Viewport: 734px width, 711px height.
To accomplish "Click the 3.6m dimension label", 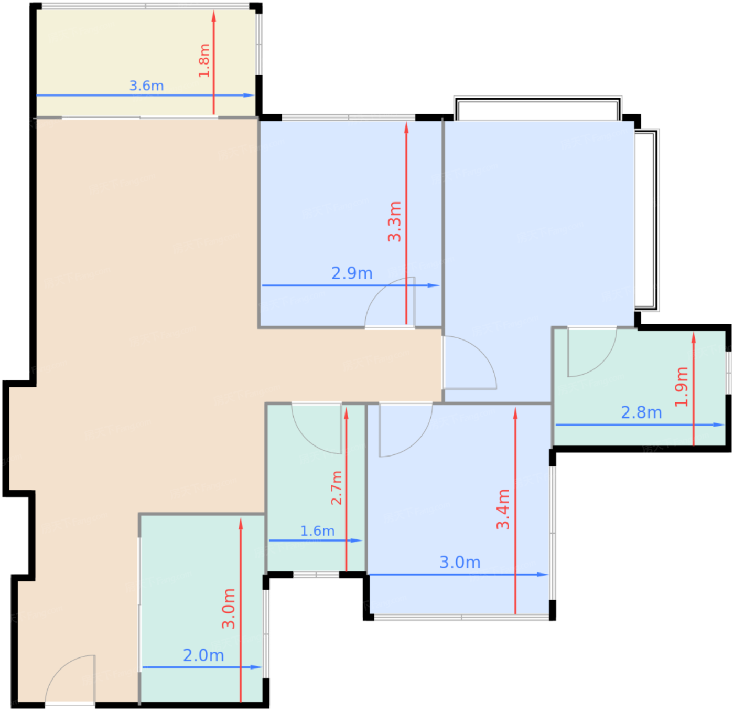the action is pyautogui.click(x=146, y=86).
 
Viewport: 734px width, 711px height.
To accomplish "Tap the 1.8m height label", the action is pyautogui.click(x=204, y=61).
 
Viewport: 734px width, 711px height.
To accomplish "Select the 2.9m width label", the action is pyautogui.click(x=352, y=273).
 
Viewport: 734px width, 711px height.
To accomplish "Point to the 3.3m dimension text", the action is pyautogui.click(x=395, y=221).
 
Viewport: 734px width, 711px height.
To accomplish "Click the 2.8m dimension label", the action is pyautogui.click(x=641, y=412).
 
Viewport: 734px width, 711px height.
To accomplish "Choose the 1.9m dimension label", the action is pyautogui.click(x=681, y=387).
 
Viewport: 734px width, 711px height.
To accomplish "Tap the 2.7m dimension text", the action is pyautogui.click(x=336, y=488).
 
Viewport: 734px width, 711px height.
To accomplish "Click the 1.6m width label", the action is pyautogui.click(x=317, y=531).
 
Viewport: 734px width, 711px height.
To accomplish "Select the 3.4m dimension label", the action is pyautogui.click(x=503, y=509).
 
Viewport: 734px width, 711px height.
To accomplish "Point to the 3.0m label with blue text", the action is pyautogui.click(x=460, y=562).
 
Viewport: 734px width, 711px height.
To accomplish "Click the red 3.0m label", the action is pyautogui.click(x=229, y=608).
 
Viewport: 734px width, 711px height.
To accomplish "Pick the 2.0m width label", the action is pyautogui.click(x=203, y=655).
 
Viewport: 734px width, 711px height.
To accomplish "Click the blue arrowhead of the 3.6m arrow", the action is pyautogui.click(x=249, y=95).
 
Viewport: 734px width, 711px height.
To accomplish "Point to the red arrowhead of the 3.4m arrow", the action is pyautogui.click(x=515, y=413).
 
